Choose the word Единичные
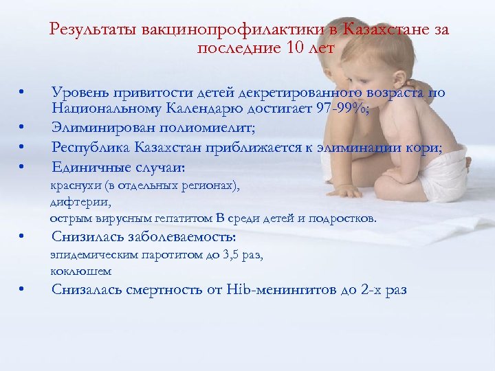pos(83,167)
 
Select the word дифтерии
pos(72,202)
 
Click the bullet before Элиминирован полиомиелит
pos(23,126)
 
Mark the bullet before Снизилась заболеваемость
pos(23,238)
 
